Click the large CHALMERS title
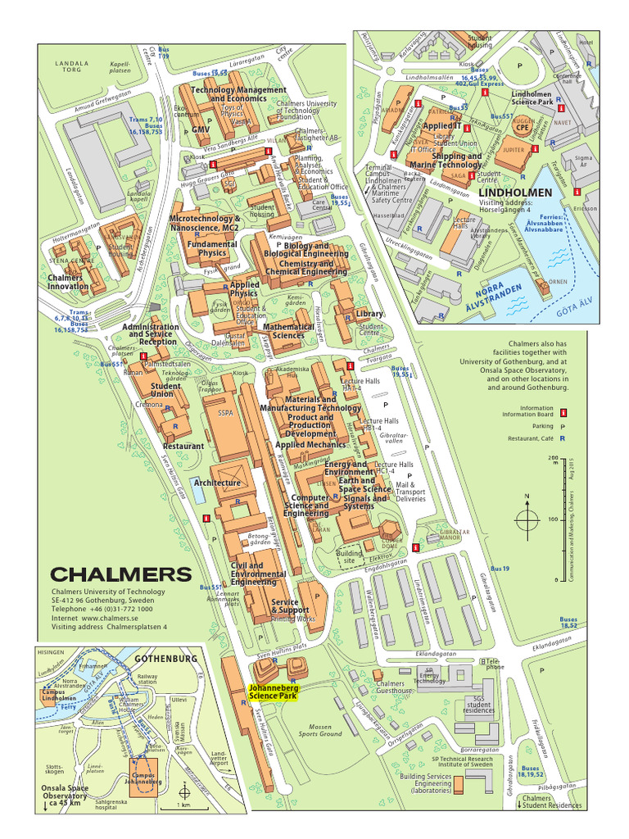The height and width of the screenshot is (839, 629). coord(121,574)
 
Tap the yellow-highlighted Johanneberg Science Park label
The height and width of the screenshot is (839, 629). coord(274,692)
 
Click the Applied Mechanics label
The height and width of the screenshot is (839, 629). coord(310,444)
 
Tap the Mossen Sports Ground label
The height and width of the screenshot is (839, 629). coord(319,730)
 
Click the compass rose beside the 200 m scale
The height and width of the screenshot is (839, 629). coord(528,518)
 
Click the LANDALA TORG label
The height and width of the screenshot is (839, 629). coord(71,66)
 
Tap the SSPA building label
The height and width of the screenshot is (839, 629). coord(225,414)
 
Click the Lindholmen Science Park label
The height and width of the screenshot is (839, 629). coord(532,98)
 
